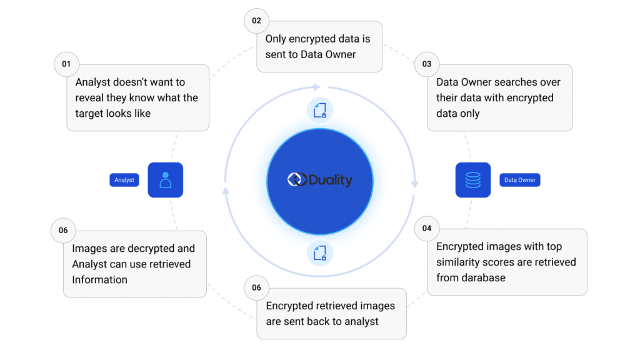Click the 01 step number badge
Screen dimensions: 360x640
[66, 64]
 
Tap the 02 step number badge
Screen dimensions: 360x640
[256, 21]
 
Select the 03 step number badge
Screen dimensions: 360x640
[427, 64]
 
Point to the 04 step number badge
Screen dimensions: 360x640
[427, 228]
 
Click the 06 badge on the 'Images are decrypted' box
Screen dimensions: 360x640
[63, 230]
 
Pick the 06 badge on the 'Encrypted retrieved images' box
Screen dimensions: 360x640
[256, 287]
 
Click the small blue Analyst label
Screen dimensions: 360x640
[124, 180]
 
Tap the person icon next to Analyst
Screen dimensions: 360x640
[166, 180]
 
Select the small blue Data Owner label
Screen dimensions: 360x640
[520, 180]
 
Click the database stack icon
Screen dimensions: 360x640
[473, 180]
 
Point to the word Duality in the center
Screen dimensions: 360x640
[330, 180]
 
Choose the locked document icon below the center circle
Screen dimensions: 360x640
[320, 252]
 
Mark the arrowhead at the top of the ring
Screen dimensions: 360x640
[317, 87]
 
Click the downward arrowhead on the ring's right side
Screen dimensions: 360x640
[414, 184]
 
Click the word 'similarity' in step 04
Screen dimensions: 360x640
[461, 262]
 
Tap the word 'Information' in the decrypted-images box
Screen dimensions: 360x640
[99, 279]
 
